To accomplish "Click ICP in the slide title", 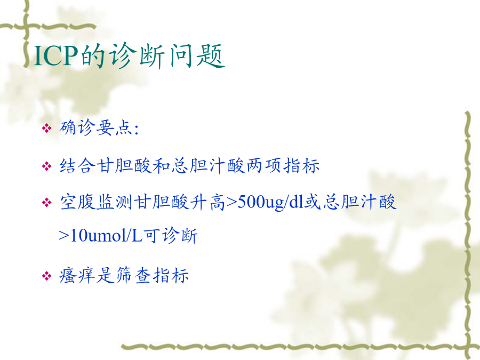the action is click(x=55, y=55).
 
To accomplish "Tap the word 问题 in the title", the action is click(x=196, y=55).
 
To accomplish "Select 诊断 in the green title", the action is click(x=137, y=55).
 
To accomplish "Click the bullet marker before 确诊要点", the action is click(x=46, y=127).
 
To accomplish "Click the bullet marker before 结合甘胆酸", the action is click(x=46, y=166).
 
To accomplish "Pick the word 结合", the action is click(x=77, y=166).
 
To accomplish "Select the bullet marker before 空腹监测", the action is click(x=46, y=202).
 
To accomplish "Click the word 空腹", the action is click(x=78, y=202).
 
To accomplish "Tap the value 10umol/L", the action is click(x=106, y=235).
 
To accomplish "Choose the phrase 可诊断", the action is click(x=171, y=235).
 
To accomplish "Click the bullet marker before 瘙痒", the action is click(x=46, y=276).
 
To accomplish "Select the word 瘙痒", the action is click(x=77, y=275).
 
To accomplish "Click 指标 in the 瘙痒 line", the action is click(x=171, y=275).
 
